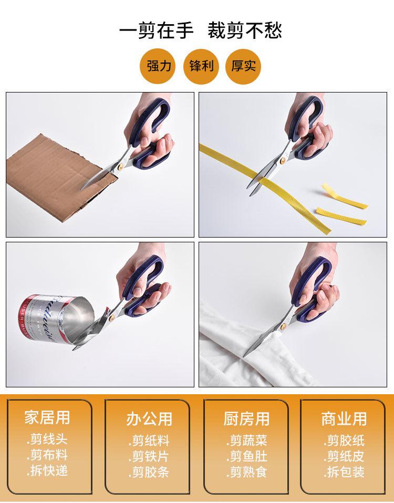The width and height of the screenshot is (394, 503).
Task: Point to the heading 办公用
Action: (149, 418)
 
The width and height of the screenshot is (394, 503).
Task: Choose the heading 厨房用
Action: (246, 418)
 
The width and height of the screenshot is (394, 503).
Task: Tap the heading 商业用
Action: (344, 418)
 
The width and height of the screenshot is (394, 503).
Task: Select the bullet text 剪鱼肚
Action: (247, 456)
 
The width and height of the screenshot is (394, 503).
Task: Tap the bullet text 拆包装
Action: (344, 471)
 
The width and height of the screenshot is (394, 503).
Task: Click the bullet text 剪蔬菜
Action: (247, 440)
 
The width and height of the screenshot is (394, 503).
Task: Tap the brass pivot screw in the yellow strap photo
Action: (284, 158)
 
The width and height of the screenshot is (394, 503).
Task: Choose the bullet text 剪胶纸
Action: (344, 440)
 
